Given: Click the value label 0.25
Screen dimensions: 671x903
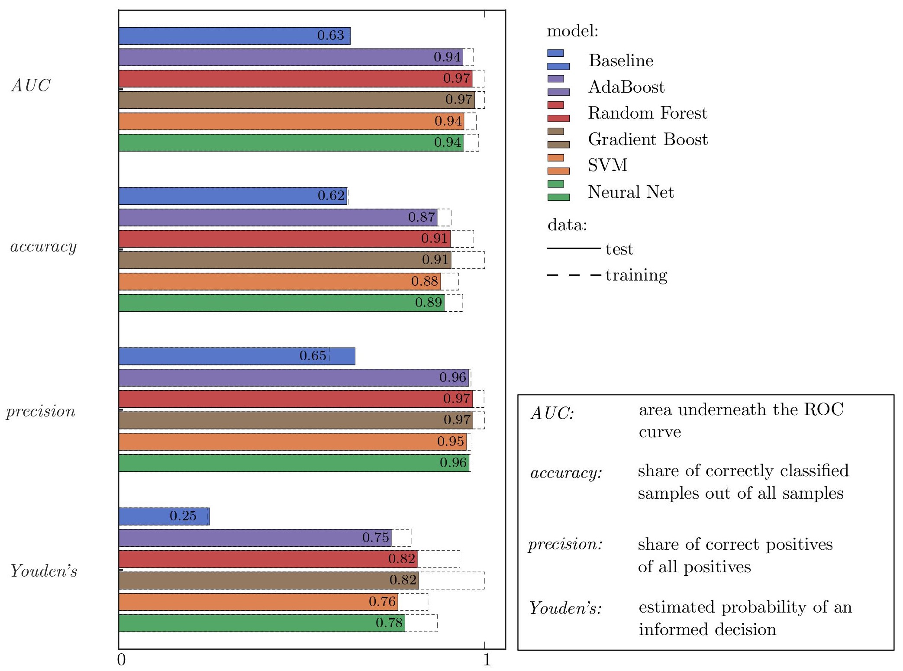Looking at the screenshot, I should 183,516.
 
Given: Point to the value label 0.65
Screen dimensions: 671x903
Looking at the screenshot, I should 313,356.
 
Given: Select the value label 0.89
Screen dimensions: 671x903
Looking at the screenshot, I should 429,302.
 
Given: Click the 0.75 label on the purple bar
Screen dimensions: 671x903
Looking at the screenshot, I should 376,538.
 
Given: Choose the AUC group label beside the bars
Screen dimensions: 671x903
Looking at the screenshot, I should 31,86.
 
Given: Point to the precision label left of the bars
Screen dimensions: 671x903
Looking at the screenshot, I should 41,411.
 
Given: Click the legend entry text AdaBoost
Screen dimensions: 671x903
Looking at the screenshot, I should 626,87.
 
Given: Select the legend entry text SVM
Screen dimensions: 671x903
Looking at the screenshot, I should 607,165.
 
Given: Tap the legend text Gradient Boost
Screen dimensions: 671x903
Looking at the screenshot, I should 648,139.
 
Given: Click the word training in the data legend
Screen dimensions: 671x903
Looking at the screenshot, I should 636,275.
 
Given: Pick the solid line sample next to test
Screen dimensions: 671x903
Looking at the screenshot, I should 574,248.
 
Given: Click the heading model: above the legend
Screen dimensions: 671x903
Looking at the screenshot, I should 572,31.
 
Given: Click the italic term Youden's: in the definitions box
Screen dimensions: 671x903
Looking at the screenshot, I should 565,609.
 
